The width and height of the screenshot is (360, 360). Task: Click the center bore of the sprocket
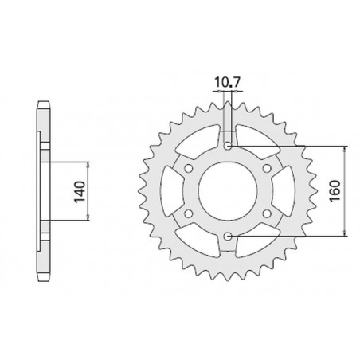(229, 191)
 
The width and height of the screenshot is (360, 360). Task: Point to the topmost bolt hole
(229, 147)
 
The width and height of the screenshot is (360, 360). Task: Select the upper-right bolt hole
(268, 169)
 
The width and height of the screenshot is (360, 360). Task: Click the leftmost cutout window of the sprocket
(169, 191)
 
